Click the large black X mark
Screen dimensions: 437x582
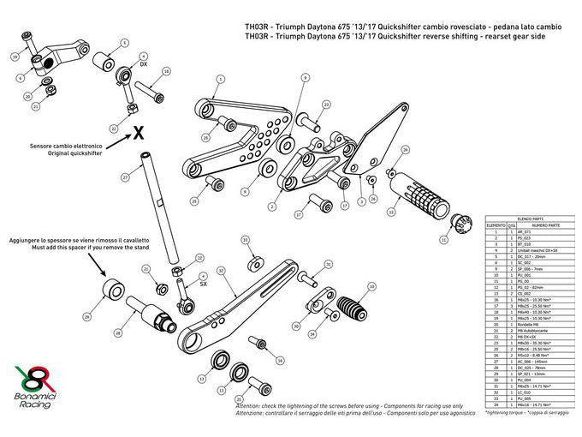click(x=137, y=132)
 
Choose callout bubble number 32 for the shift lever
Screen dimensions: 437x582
click(x=221, y=270)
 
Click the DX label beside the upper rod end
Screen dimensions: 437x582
click(x=144, y=64)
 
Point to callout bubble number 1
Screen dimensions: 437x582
click(x=220, y=79)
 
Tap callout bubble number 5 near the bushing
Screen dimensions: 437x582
click(x=123, y=42)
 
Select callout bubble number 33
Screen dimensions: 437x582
click(x=246, y=241)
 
